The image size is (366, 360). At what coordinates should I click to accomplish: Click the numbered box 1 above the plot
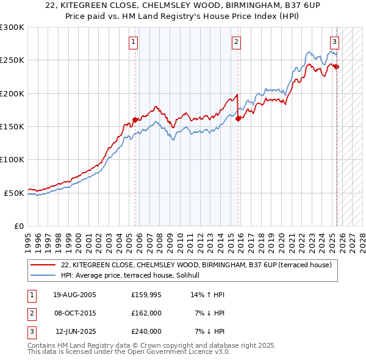(x=133, y=42)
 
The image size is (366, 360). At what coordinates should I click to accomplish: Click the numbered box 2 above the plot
(x=236, y=42)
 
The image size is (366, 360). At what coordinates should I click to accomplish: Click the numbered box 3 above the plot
(x=335, y=42)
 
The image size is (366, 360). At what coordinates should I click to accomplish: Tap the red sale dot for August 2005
(x=135, y=120)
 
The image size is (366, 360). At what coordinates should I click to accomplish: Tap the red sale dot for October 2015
(x=239, y=118)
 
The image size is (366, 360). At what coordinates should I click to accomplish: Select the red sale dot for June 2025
(x=337, y=67)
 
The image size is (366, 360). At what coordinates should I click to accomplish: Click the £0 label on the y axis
(x=18, y=226)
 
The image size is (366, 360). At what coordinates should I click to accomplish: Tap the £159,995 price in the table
(x=146, y=295)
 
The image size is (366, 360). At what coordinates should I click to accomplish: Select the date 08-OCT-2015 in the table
(x=75, y=313)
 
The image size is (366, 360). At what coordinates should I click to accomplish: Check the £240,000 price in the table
(x=146, y=331)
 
